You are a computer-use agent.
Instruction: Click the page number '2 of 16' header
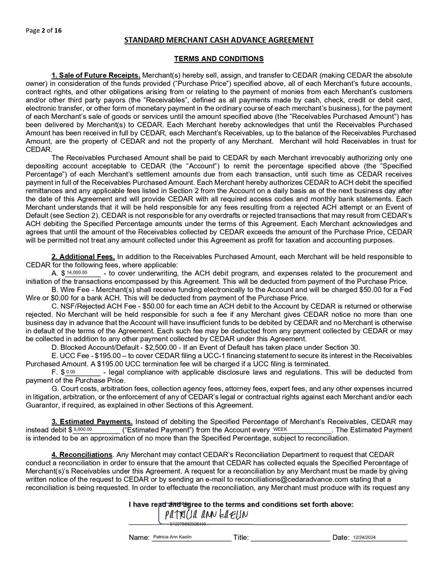(x=43, y=31)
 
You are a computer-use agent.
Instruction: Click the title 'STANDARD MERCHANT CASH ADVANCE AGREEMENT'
(x=219, y=40)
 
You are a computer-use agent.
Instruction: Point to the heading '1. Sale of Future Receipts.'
(x=96, y=75)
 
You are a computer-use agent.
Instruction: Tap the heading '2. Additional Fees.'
(x=83, y=257)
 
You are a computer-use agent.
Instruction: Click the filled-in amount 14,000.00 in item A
(x=77, y=273)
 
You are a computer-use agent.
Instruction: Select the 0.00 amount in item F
(x=71, y=372)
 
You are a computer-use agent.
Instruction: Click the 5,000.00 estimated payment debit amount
(x=84, y=429)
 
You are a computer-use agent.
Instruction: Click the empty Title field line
(x=291, y=539)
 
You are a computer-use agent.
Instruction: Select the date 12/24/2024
(x=364, y=538)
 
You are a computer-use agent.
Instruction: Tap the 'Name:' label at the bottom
(x=139, y=538)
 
